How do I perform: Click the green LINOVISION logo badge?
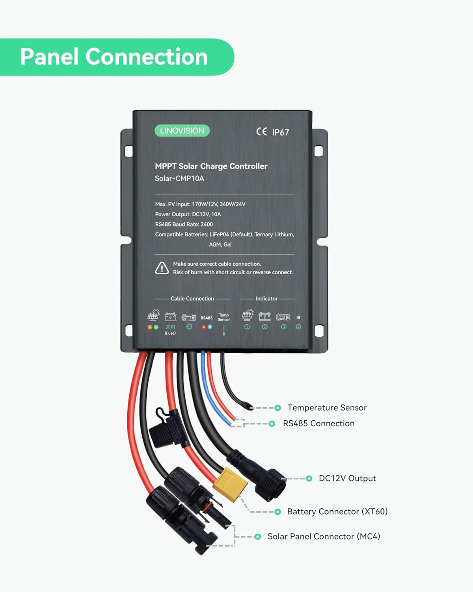pos(182,131)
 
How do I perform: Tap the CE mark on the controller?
pos(261,132)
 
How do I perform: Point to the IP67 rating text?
pos(281,132)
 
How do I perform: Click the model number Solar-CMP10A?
pos(179,178)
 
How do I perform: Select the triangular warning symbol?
pos(162,268)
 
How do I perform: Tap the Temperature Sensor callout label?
pos(327,408)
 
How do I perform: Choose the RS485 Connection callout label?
pos(318,423)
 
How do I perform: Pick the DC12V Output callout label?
pos(347,478)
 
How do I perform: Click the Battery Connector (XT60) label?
pos(337,511)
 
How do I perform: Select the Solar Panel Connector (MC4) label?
pos(324,536)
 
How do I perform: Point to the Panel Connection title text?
pos(114,57)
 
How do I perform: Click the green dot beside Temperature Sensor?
pos(277,408)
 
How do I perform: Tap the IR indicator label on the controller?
pos(298,318)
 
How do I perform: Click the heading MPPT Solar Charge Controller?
pos(211,166)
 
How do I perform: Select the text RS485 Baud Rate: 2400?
pos(184,224)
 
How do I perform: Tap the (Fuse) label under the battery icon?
pos(170,333)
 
